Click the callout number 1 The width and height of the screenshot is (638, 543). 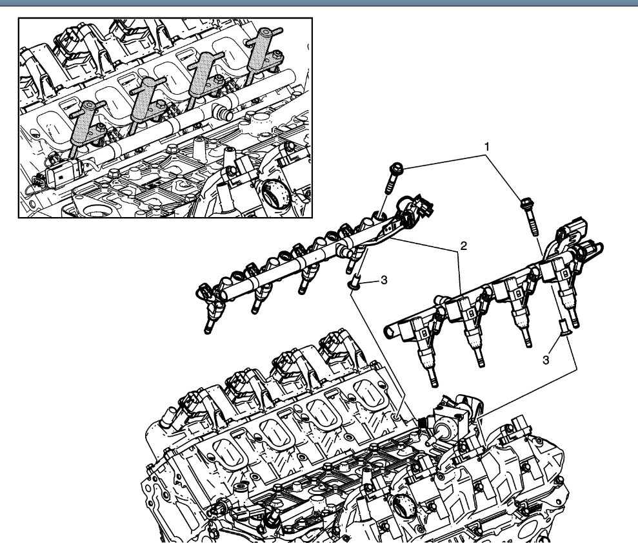(x=487, y=148)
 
